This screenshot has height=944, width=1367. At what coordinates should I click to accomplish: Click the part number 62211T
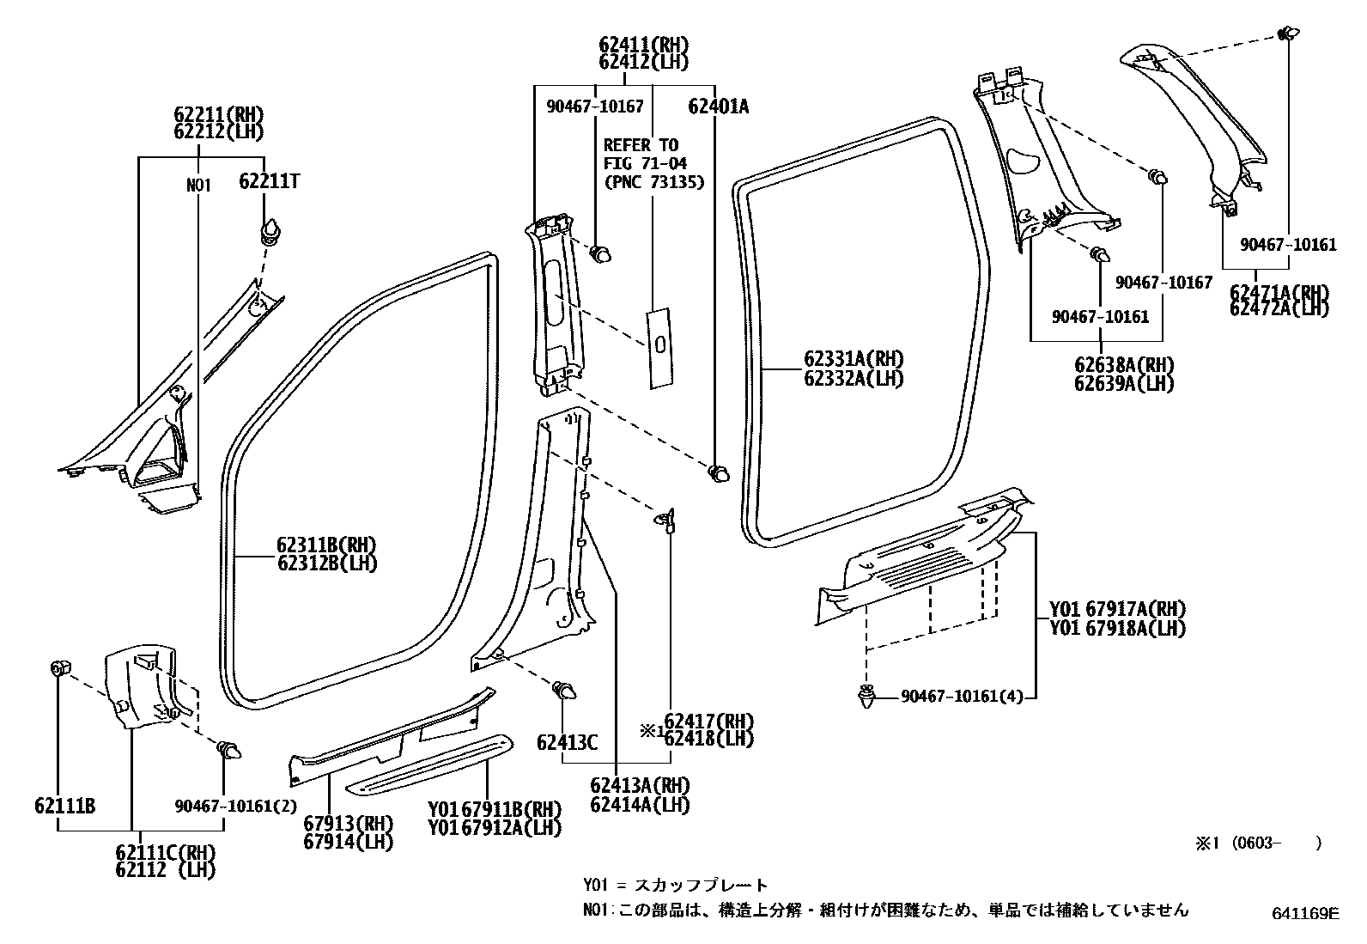point(269,181)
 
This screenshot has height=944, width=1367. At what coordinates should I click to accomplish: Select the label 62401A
point(718,107)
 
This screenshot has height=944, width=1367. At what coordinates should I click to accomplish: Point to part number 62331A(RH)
point(854,360)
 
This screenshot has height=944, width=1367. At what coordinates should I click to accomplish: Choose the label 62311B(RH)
point(326,545)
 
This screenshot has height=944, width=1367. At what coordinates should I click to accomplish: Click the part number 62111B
point(64,805)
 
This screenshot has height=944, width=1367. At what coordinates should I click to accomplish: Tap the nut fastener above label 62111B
point(61,667)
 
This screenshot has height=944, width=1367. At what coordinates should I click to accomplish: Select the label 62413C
point(567,741)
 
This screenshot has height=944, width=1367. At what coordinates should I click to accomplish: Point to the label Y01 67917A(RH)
point(1117,609)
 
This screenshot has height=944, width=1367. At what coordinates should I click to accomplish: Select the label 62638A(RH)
point(1124,364)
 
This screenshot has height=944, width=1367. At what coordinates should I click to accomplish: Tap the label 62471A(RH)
point(1279,290)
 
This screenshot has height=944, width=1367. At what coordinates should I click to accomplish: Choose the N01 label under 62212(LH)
point(198,185)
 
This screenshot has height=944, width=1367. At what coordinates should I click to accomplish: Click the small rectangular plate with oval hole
point(660,345)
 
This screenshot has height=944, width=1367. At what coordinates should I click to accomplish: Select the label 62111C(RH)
point(165,852)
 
